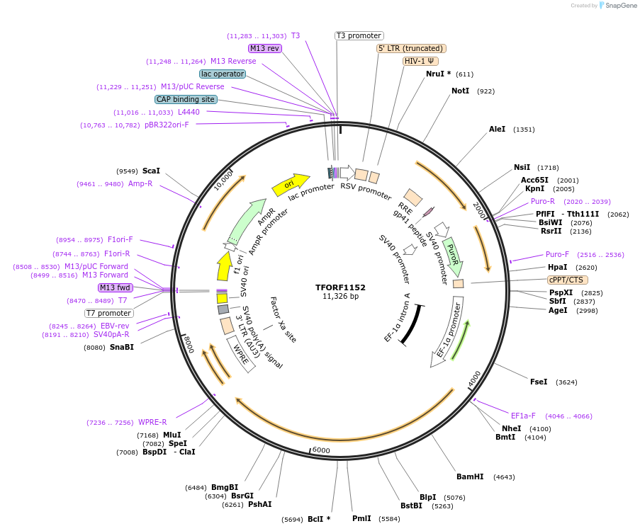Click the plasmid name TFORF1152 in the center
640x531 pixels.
click(x=340, y=287)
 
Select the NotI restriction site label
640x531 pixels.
click(x=460, y=91)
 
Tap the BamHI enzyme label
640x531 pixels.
click(x=470, y=476)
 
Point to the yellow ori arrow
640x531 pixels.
click(x=291, y=185)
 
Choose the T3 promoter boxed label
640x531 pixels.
click(x=359, y=35)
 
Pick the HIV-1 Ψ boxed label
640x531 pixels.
click(x=420, y=61)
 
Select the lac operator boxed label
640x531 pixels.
click(x=223, y=74)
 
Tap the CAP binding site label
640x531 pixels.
click(x=186, y=100)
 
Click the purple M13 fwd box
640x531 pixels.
click(x=116, y=287)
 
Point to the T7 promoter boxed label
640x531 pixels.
click(x=108, y=313)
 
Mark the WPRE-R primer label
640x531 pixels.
click(x=152, y=422)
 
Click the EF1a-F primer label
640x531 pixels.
click(x=523, y=416)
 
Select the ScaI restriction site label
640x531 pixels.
click(x=151, y=171)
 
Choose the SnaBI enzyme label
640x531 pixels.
click(x=121, y=347)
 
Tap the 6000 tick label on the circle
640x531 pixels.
click(x=321, y=450)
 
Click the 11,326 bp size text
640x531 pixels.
click(x=340, y=297)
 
